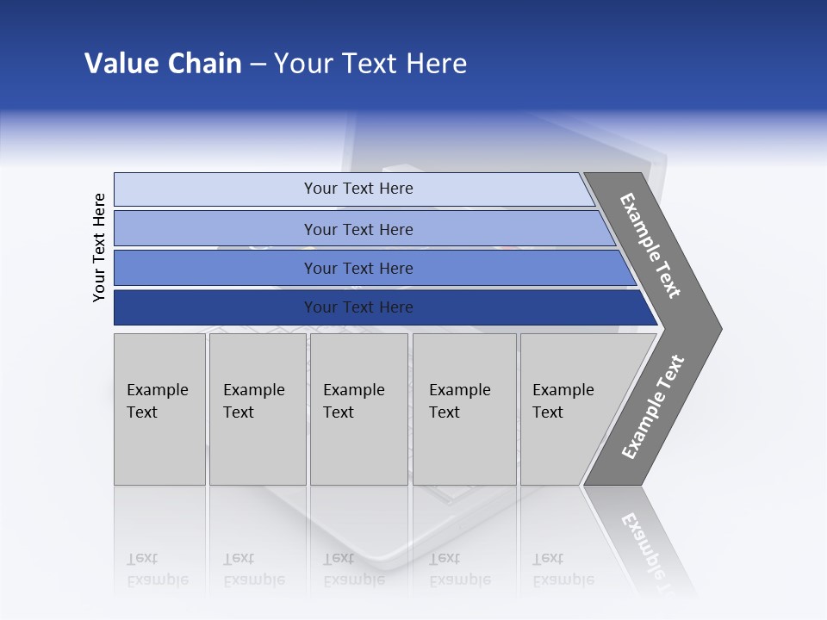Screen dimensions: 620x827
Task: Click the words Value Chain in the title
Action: (x=163, y=64)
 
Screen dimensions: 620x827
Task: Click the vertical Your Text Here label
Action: (x=99, y=247)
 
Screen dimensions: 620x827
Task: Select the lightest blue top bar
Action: (x=215, y=189)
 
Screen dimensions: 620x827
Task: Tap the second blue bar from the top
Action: (x=215, y=229)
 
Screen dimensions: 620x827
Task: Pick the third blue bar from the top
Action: (x=215, y=268)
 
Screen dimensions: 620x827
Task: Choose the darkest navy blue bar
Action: (x=215, y=307)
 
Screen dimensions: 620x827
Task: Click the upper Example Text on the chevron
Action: (x=650, y=245)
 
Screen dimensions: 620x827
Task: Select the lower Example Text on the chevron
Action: (x=652, y=407)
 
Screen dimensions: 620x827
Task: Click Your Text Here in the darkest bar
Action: (x=358, y=307)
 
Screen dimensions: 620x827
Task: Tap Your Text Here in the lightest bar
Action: (x=358, y=189)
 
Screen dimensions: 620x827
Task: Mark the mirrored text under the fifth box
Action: (x=563, y=569)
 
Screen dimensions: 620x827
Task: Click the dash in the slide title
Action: (x=258, y=65)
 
